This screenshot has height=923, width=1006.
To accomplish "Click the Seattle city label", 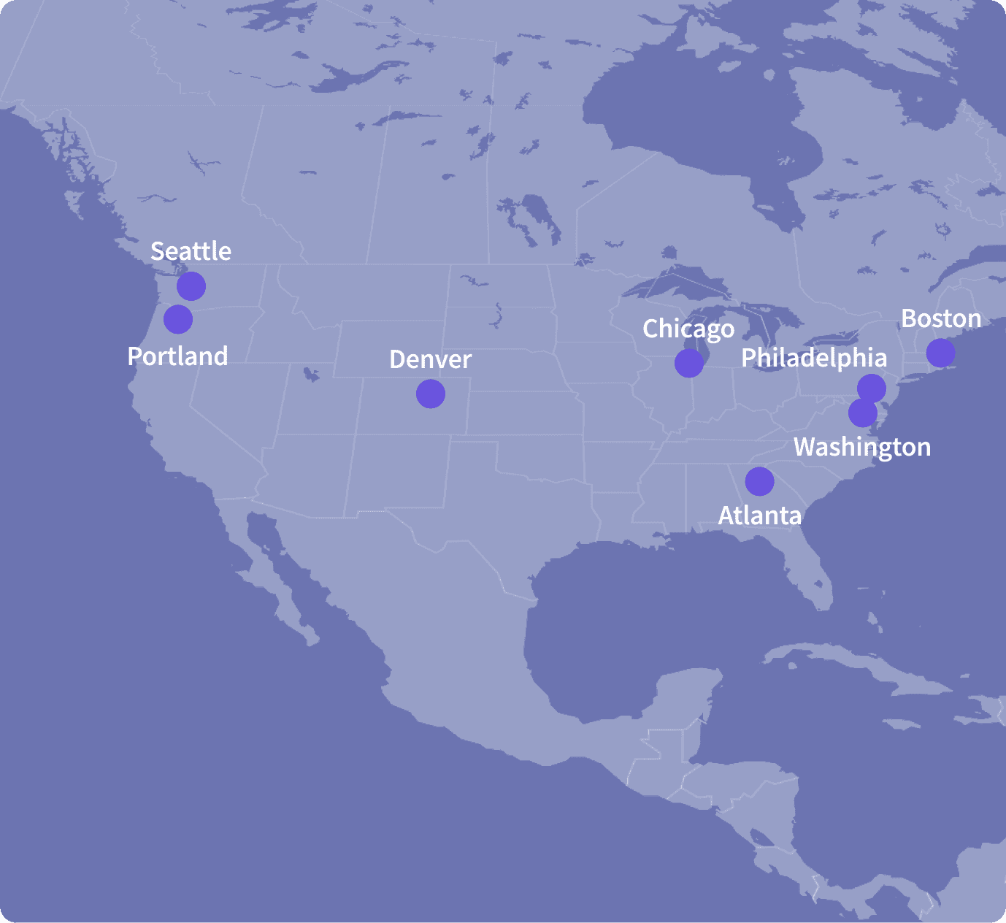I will (191, 251).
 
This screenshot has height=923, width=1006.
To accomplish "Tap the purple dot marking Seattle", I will (191, 286).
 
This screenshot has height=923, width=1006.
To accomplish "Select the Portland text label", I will (177, 356).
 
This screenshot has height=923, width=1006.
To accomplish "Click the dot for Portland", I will (178, 319).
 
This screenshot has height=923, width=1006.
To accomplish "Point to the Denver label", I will (430, 359).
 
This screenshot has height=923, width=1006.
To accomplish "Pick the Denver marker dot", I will (431, 394).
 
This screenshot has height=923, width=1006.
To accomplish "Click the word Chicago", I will (688, 329).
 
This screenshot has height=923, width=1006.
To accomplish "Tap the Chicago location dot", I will (688, 363).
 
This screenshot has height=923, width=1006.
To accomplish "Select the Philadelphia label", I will (814, 358).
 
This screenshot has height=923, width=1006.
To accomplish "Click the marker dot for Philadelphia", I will (872, 388).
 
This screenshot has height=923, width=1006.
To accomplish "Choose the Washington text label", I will (862, 447).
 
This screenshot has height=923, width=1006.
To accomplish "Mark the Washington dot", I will (862, 413).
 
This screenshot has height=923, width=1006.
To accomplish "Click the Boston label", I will (941, 319).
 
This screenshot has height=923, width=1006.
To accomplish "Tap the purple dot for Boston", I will (940, 353).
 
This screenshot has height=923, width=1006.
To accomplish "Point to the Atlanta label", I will (759, 516).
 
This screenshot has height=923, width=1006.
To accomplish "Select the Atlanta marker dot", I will (759, 481).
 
